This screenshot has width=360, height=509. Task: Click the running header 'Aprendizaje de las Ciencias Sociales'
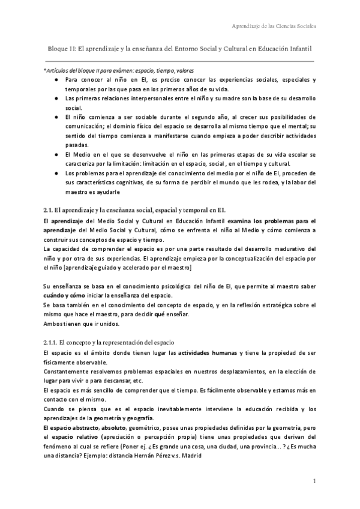(274, 26)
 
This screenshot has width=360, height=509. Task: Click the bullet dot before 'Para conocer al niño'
(56, 80)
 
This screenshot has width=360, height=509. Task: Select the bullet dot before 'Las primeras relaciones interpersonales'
(56, 98)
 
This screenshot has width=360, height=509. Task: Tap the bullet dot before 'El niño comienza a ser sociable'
(56, 116)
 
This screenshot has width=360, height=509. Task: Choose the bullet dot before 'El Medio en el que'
(56, 154)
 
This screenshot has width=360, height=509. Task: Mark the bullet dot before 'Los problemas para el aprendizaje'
(56, 173)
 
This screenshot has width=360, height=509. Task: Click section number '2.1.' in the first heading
(49, 209)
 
